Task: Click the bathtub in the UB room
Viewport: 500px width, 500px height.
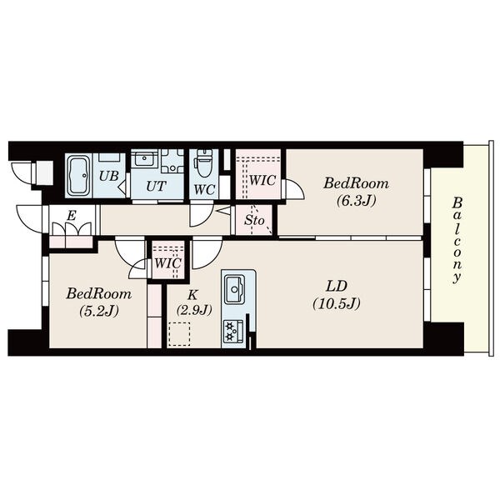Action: click(x=78, y=175)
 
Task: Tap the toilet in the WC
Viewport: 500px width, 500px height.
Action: click(x=202, y=164)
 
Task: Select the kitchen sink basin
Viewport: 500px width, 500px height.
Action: click(x=235, y=289)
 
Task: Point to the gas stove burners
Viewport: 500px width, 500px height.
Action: click(x=233, y=332)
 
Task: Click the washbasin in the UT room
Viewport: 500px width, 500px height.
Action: click(x=145, y=159)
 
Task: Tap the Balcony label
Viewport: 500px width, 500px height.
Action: click(x=457, y=240)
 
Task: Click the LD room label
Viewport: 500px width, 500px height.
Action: click(x=336, y=286)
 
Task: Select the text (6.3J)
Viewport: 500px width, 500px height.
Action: click(x=356, y=201)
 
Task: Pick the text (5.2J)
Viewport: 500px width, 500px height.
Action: click(x=99, y=311)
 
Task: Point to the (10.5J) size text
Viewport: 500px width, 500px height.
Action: click(x=337, y=303)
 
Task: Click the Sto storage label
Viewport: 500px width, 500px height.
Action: click(x=254, y=220)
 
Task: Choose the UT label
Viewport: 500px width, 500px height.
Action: click(x=157, y=186)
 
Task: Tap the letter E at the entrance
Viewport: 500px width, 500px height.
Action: click(x=71, y=216)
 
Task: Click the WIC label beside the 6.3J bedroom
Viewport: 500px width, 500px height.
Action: click(x=262, y=181)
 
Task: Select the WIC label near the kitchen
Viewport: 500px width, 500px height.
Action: click(x=167, y=263)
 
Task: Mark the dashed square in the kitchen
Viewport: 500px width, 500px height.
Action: click(x=179, y=334)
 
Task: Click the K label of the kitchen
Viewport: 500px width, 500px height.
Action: click(x=192, y=295)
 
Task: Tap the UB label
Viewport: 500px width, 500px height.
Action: click(x=108, y=176)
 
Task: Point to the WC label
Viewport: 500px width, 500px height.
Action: click(x=204, y=190)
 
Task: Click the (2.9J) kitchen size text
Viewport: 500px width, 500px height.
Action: click(x=193, y=310)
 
